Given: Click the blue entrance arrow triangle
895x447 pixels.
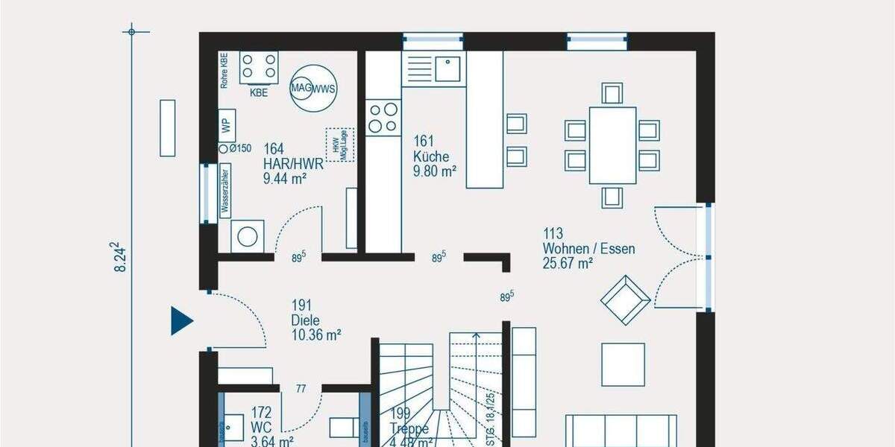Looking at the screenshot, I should tap(180, 320).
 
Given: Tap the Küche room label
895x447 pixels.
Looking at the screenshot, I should tap(431, 156).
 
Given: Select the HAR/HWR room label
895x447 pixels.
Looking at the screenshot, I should tap(293, 164).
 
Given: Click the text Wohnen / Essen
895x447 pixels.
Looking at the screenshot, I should tap(588, 249).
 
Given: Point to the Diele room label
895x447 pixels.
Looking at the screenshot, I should tap(305, 320).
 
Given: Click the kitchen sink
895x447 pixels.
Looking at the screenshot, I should tap(447, 69).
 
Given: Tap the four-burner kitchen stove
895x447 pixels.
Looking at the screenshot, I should tap(383, 116).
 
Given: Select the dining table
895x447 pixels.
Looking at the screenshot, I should tap(612, 145).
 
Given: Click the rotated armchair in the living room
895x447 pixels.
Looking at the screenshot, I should tap(625, 299).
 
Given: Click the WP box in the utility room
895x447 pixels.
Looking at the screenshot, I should tap(227, 125).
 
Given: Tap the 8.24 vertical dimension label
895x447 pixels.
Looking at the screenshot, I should tap(119, 257).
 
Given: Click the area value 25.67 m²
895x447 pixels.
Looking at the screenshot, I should tap(568, 262).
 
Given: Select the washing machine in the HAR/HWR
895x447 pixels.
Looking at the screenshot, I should tap(246, 236).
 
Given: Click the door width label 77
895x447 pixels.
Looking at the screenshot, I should tap(301, 389).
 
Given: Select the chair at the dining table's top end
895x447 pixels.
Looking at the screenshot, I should tap(612, 93).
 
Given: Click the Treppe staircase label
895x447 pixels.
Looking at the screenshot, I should tap(409, 430).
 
